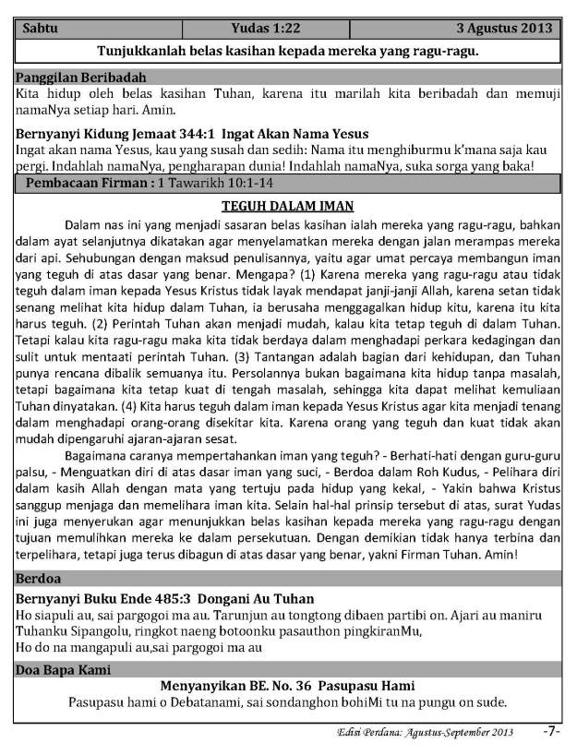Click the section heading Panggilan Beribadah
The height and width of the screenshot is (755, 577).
[x=81, y=77]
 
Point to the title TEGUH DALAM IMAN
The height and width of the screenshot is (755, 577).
[x=289, y=206]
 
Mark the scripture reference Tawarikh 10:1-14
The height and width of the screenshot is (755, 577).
[x=219, y=185]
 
